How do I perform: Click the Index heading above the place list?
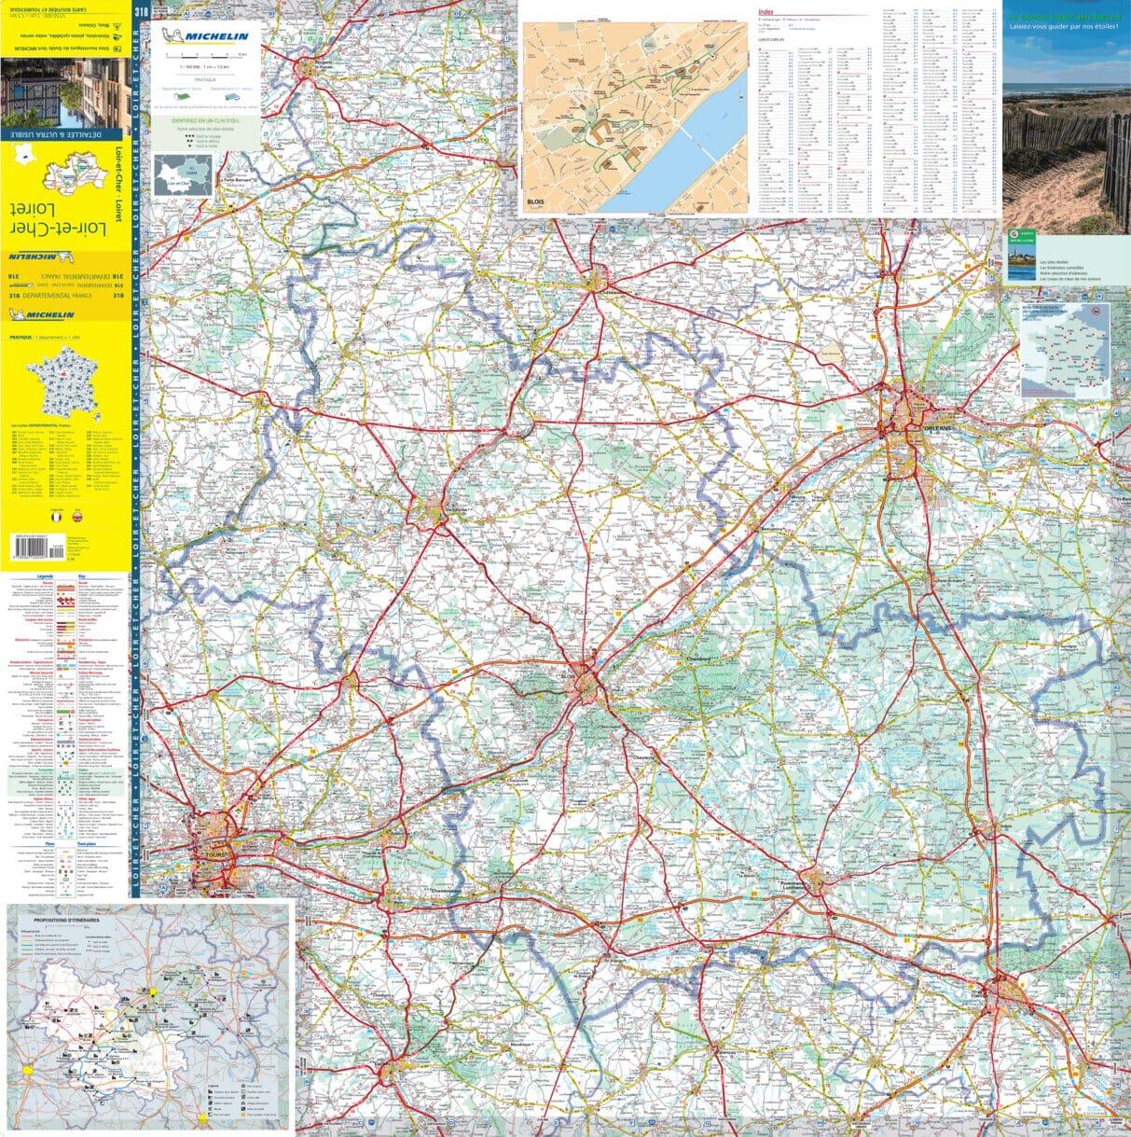coord(766,11)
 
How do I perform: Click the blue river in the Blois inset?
coord(690,149)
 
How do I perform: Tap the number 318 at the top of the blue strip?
coord(141,11)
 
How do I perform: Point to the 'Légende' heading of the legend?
coord(45,576)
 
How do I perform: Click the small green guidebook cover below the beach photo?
coord(1021,254)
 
